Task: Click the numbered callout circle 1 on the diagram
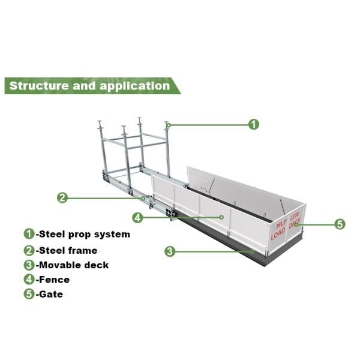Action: pos(254,124)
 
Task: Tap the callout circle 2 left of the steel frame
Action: pos(62,197)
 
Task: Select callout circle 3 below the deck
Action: pos(170,251)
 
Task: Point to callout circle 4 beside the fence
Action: pos(137,217)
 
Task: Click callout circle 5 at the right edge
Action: pos(340,224)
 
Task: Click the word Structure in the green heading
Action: pos(38,85)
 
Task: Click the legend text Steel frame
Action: pos(67,250)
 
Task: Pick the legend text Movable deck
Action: pos(73,265)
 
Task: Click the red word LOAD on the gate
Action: pos(278,235)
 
